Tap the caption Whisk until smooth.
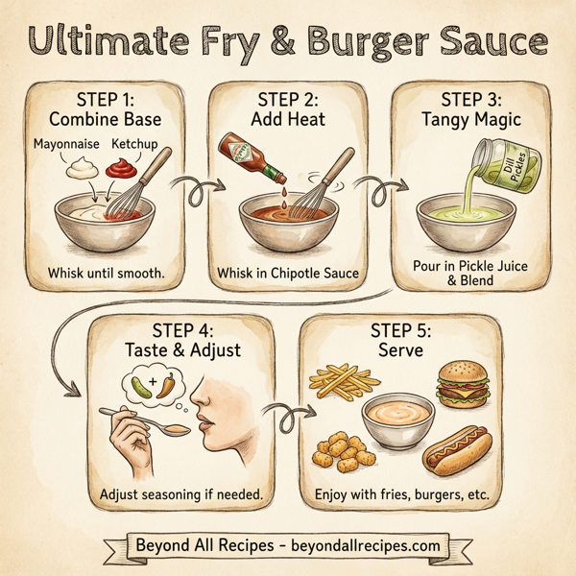(107, 275)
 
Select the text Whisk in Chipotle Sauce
(289, 275)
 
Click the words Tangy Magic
(469, 120)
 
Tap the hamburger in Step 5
(460, 383)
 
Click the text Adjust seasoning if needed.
(183, 496)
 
